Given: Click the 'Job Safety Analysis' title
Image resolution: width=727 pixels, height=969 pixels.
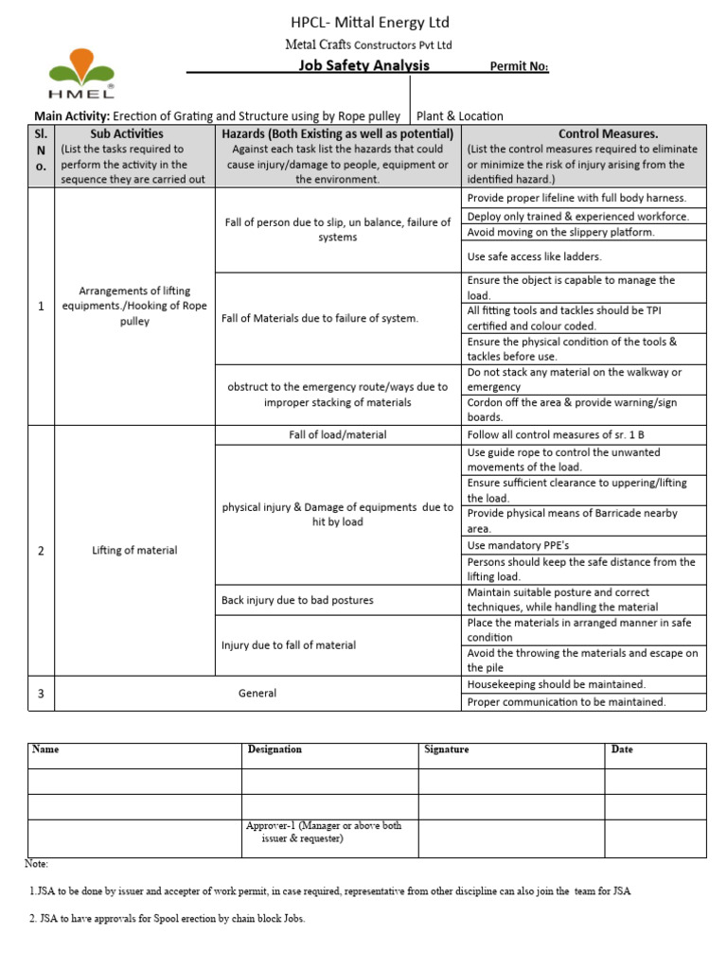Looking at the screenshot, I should (x=363, y=65).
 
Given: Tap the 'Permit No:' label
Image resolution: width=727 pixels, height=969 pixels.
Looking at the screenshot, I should (x=518, y=66).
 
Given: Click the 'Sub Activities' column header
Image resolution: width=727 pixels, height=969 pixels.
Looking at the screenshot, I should (x=126, y=133).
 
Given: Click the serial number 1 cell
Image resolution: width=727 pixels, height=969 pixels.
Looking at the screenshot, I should (x=41, y=307).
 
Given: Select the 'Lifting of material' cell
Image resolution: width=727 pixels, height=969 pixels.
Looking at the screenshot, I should (x=134, y=550).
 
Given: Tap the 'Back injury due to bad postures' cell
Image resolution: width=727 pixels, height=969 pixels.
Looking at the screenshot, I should (x=297, y=600).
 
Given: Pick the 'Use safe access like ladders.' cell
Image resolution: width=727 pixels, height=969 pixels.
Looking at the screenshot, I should (x=534, y=256).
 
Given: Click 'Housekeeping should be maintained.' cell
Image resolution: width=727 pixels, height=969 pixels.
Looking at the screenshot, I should (x=557, y=684).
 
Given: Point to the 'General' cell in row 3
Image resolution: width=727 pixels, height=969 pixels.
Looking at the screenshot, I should (x=257, y=694).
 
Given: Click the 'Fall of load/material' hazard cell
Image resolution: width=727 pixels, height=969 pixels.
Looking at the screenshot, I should (x=337, y=435).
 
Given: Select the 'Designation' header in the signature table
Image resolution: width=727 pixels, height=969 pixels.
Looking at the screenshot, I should (x=275, y=749).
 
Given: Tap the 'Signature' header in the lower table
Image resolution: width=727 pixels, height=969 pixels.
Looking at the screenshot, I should (x=446, y=749).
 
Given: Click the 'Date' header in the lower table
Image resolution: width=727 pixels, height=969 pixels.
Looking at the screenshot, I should (x=622, y=749).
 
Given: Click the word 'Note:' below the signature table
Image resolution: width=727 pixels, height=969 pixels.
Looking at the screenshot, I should (x=36, y=864).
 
